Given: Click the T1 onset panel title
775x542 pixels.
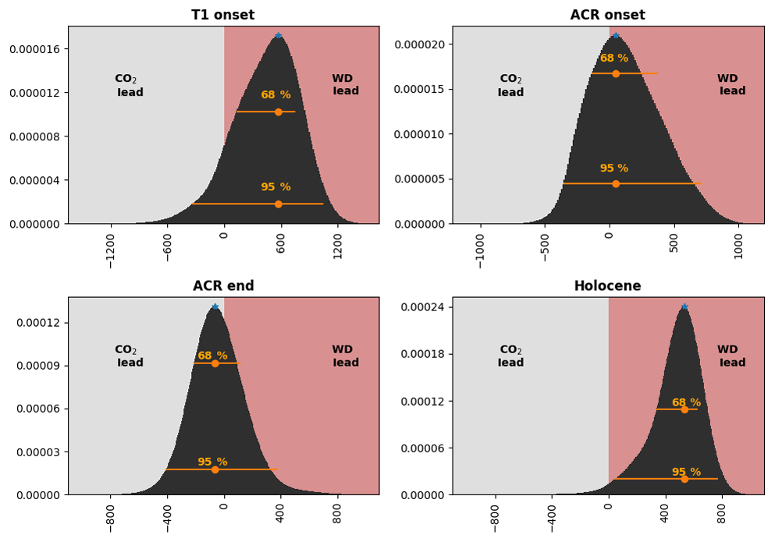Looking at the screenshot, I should (x=223, y=16).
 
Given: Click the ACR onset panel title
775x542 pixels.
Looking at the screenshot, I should (x=607, y=16).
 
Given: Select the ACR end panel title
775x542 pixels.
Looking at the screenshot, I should (x=223, y=286).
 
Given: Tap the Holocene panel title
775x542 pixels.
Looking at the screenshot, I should (x=607, y=286).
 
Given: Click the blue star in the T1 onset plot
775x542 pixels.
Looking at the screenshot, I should (x=278, y=36).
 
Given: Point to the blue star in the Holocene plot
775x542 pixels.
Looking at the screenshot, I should (x=684, y=306).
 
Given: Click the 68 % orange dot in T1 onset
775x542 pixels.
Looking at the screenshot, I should (x=278, y=112).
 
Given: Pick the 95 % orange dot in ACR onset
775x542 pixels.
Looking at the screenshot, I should (x=616, y=184).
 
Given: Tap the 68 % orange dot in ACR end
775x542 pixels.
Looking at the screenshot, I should (x=215, y=363).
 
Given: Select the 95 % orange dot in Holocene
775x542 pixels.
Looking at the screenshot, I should (x=684, y=479).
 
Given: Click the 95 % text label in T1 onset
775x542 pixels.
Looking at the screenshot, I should (x=276, y=187).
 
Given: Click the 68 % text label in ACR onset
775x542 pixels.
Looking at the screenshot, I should (x=613, y=58).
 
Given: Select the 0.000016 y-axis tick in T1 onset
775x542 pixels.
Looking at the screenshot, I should (x=34, y=49).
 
